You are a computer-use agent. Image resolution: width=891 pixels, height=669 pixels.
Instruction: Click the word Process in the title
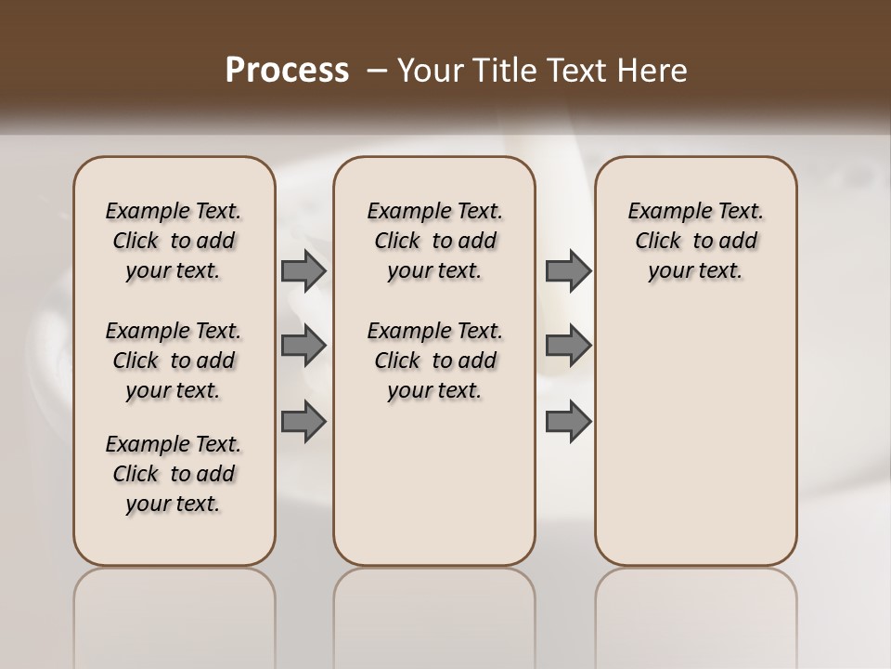tap(287, 71)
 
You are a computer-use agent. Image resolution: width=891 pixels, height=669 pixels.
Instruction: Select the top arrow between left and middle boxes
tap(303, 271)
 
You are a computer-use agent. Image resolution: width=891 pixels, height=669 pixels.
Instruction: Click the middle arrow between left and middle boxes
tap(303, 346)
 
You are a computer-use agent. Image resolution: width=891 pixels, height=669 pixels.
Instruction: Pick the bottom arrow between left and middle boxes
tap(303, 421)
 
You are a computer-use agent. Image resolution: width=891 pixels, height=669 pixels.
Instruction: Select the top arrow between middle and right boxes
tap(568, 271)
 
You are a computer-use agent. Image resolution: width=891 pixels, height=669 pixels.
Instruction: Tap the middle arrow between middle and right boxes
tap(568, 346)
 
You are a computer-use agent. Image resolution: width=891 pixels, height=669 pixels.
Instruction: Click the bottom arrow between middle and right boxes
tap(568, 421)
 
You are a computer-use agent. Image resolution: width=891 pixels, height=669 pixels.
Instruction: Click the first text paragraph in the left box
tap(174, 241)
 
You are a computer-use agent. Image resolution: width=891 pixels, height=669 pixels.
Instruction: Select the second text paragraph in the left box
tap(174, 361)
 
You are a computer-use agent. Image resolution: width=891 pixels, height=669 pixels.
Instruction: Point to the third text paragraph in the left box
tap(174, 474)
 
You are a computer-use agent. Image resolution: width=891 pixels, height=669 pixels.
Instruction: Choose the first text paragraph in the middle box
tap(435, 241)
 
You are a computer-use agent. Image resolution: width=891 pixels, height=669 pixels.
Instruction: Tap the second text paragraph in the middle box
tap(435, 361)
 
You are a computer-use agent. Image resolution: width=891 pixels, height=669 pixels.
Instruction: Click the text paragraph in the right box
tap(696, 241)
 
